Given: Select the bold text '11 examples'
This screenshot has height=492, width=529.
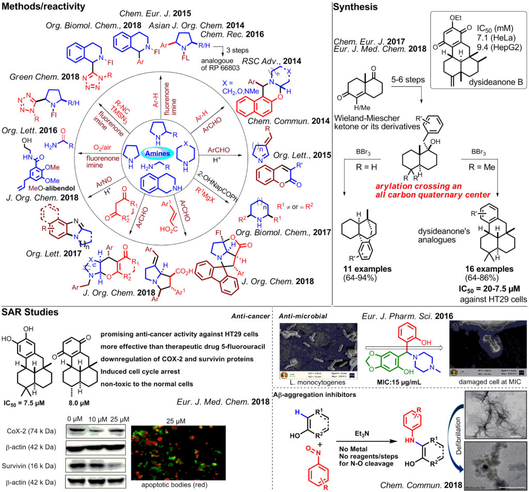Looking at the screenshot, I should [366, 269].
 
